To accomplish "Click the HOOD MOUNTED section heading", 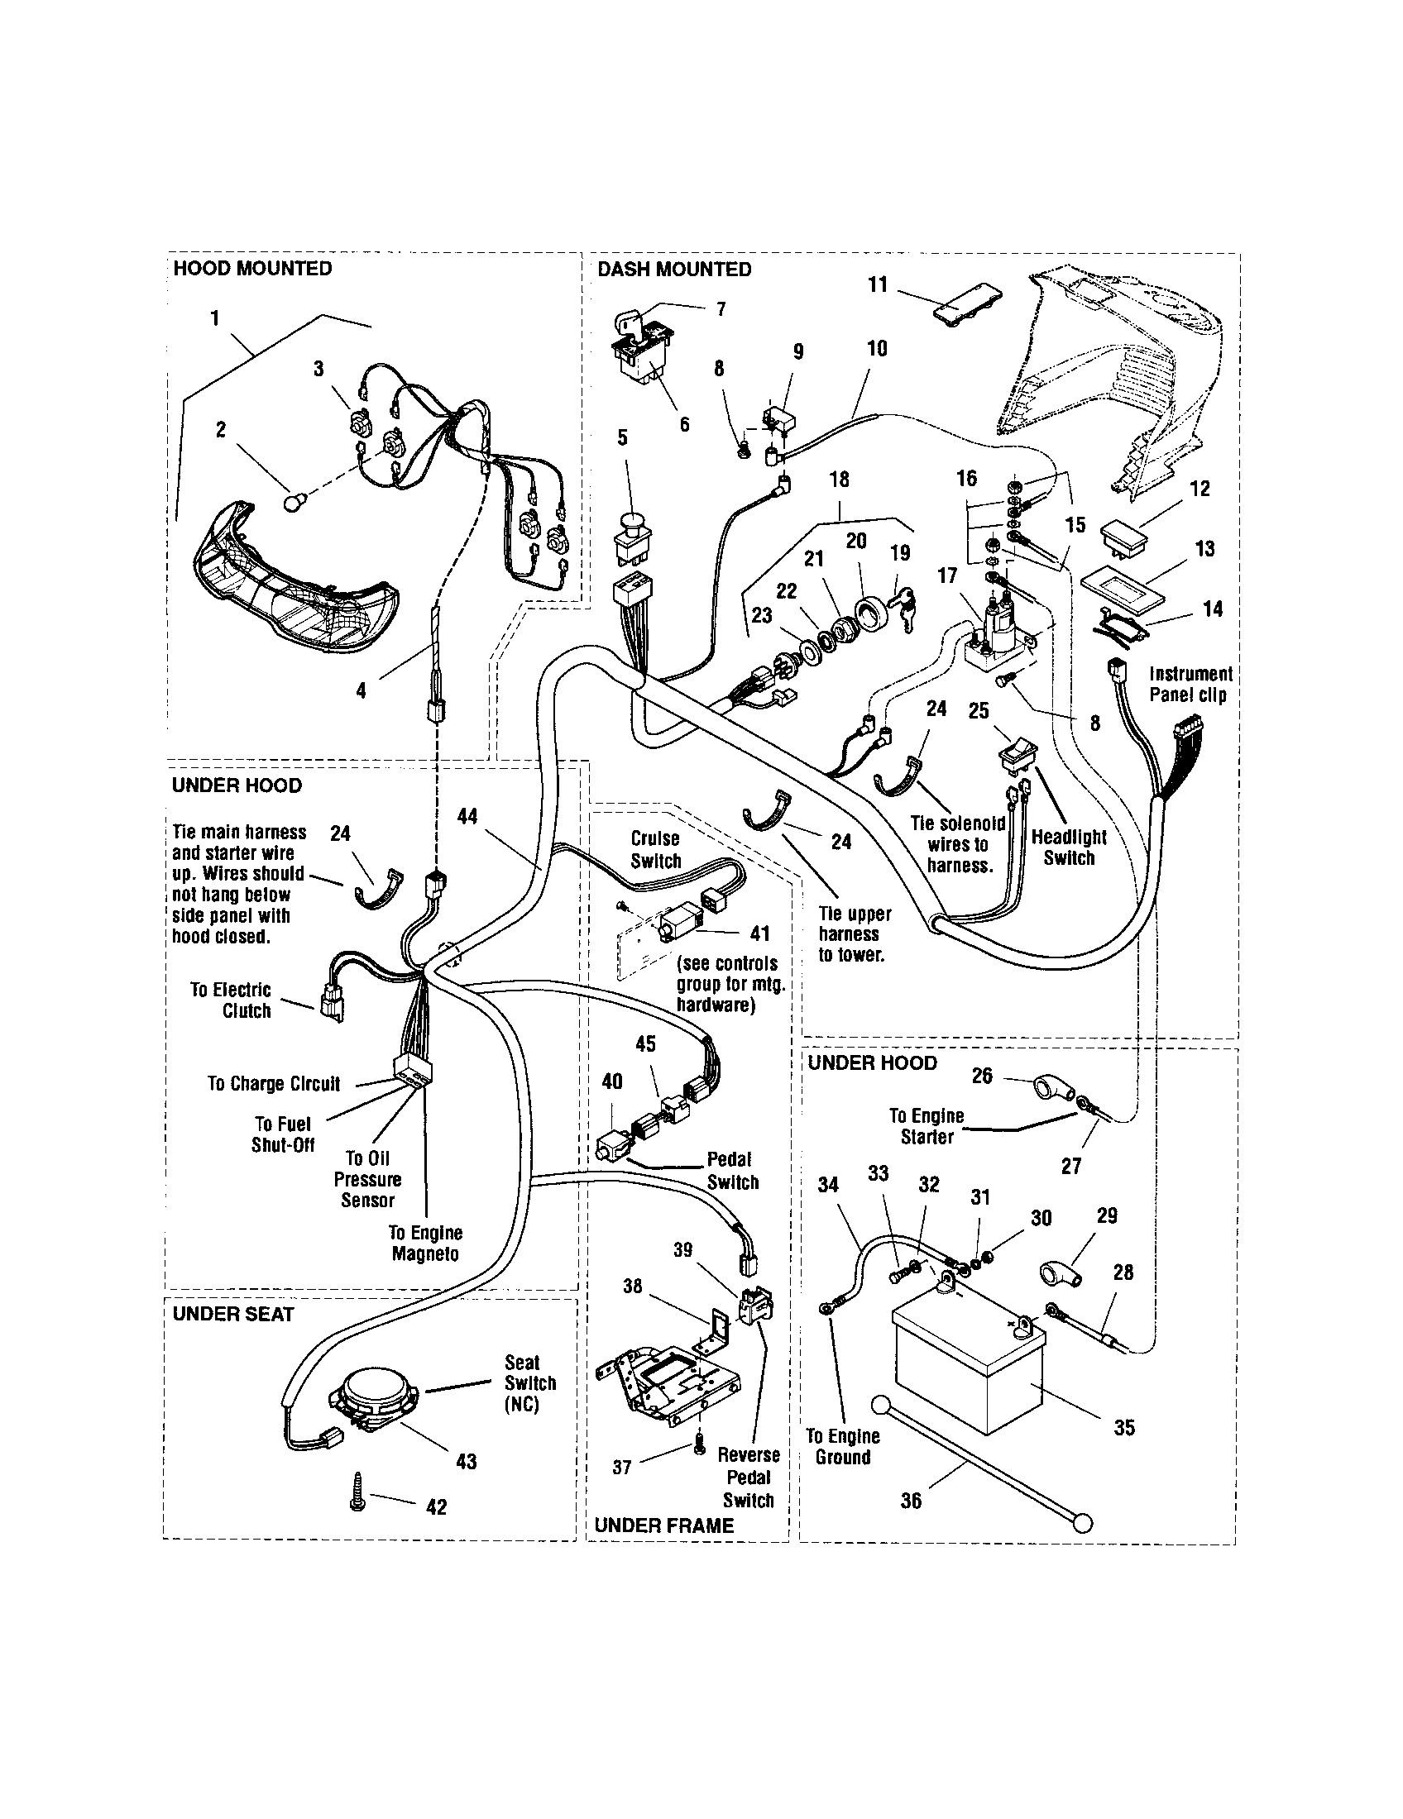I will click(251, 268).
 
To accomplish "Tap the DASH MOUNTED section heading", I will click(674, 269).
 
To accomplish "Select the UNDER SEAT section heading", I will click(233, 1314).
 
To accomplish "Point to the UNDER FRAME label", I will click(664, 1525).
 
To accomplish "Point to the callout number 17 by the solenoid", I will click(947, 575).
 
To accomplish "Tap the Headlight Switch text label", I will click(1069, 847).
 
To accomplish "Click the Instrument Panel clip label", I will click(1190, 684).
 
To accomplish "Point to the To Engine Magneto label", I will click(425, 1243).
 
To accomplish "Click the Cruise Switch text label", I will click(656, 849).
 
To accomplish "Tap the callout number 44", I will click(467, 816).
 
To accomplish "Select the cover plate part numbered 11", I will click(966, 308).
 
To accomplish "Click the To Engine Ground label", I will click(842, 1446).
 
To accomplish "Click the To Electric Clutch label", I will click(231, 1000).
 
